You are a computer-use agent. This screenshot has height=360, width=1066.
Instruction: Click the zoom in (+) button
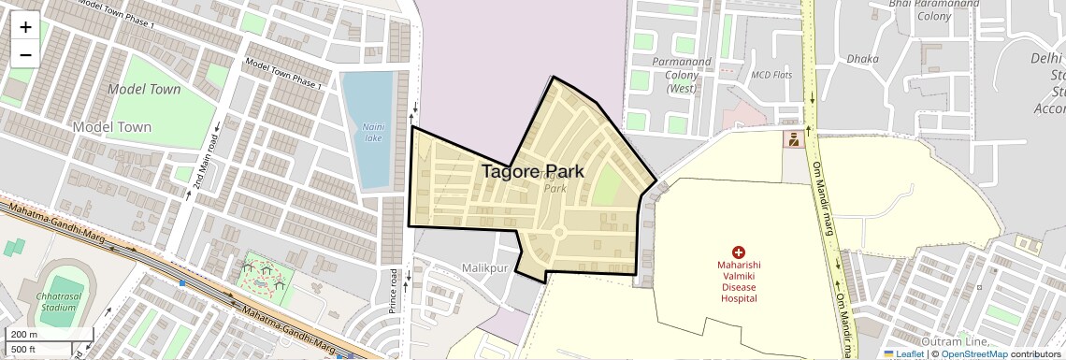[25, 26]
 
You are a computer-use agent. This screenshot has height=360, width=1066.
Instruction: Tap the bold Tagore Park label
[533, 171]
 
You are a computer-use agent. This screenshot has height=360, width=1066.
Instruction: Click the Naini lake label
[372, 132]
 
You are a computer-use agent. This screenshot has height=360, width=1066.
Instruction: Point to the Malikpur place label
[484, 267]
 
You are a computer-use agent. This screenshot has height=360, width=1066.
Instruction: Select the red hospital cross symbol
[738, 252]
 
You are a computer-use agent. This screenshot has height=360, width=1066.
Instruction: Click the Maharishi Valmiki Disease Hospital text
[738, 281]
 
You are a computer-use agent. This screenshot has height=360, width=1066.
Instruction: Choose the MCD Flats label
[771, 74]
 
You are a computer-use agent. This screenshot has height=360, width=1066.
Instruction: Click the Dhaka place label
[862, 59]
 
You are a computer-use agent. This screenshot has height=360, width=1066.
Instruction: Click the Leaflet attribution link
[903, 353]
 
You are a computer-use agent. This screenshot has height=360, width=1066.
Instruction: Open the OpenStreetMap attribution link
[973, 353]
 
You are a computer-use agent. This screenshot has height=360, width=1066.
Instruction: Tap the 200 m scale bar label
[24, 335]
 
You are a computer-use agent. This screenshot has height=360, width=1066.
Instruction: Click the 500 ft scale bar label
[24, 349]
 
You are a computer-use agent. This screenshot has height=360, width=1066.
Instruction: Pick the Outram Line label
[955, 340]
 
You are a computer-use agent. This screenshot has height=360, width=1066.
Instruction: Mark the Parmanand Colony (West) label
[681, 75]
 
